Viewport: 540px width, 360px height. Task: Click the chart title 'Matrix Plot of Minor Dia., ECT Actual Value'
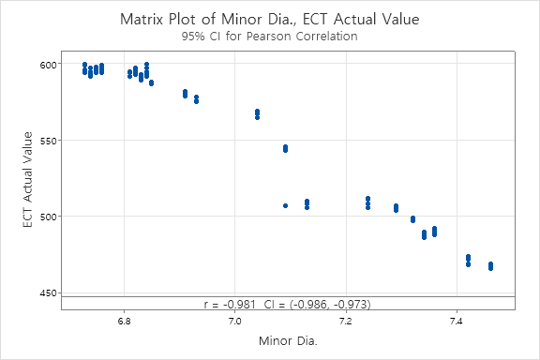click(x=270, y=19)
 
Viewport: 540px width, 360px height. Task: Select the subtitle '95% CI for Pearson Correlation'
click(x=270, y=37)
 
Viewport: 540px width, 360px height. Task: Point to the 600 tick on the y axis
click(x=45, y=64)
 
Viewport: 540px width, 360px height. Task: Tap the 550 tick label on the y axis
click(x=45, y=141)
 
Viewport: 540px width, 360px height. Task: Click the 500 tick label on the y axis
click(x=45, y=217)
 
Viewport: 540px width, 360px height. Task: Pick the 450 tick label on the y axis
click(x=45, y=293)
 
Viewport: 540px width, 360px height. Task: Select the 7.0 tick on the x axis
click(x=234, y=321)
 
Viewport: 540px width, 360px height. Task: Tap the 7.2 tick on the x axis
click(x=345, y=321)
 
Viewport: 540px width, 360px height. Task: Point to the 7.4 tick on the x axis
click(x=456, y=321)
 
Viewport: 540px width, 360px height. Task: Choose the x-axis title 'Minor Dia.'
click(x=288, y=341)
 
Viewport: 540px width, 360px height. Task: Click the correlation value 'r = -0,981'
click(x=229, y=304)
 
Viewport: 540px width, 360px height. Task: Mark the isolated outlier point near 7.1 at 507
click(x=285, y=205)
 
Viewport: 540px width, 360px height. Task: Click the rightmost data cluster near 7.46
click(x=490, y=266)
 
